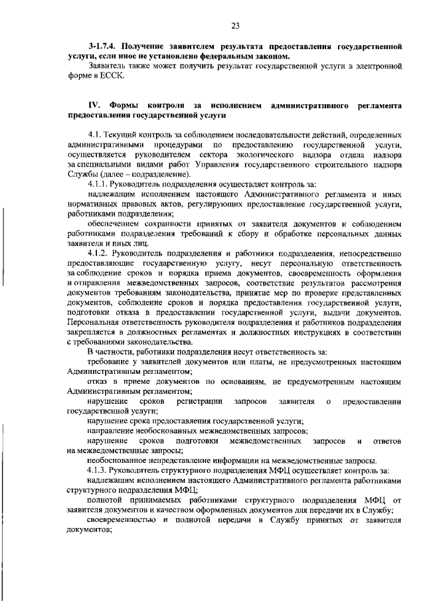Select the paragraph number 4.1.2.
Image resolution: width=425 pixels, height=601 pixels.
point(99,253)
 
